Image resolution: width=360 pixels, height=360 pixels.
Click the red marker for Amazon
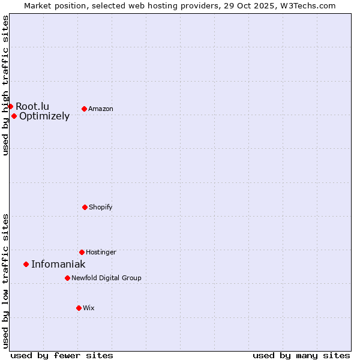[x=84, y=109]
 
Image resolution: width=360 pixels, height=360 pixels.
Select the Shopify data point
[x=85, y=207]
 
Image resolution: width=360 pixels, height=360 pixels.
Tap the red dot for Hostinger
[x=82, y=252]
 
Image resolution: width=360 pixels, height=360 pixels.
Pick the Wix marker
[x=79, y=308]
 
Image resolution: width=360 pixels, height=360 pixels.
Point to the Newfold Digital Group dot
[x=67, y=278]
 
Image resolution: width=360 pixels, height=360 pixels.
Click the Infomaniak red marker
[x=26, y=264]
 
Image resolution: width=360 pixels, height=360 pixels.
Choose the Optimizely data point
[x=14, y=116]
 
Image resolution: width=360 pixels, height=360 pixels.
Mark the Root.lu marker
[x=10, y=106]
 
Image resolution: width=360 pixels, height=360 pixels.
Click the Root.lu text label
[x=32, y=106]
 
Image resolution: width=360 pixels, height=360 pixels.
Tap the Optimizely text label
[x=44, y=116]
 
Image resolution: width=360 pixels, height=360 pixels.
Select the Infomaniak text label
[x=58, y=264]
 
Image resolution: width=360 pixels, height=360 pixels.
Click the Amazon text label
[x=101, y=109]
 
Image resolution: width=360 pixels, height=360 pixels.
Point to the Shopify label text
[x=101, y=207]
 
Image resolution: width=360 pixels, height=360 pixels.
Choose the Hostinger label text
[x=101, y=252]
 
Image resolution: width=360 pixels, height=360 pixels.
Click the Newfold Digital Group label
[x=106, y=278]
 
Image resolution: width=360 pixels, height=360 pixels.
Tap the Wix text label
[x=89, y=308]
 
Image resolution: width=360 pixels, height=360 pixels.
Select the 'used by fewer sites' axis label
[x=62, y=355]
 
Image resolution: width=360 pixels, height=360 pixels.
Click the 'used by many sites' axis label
[x=301, y=355]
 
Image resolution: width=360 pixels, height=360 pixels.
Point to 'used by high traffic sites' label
[x=5, y=85]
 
